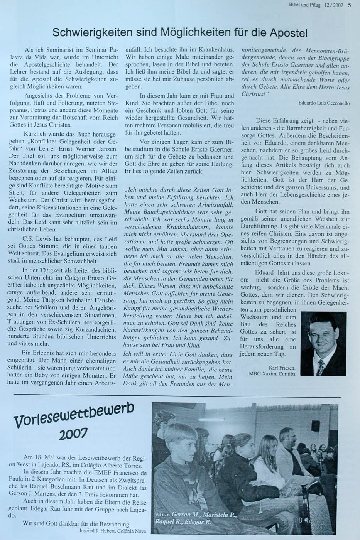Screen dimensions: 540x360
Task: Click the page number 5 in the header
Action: (x=349, y=5)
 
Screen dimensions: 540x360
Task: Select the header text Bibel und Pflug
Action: (x=305, y=5)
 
